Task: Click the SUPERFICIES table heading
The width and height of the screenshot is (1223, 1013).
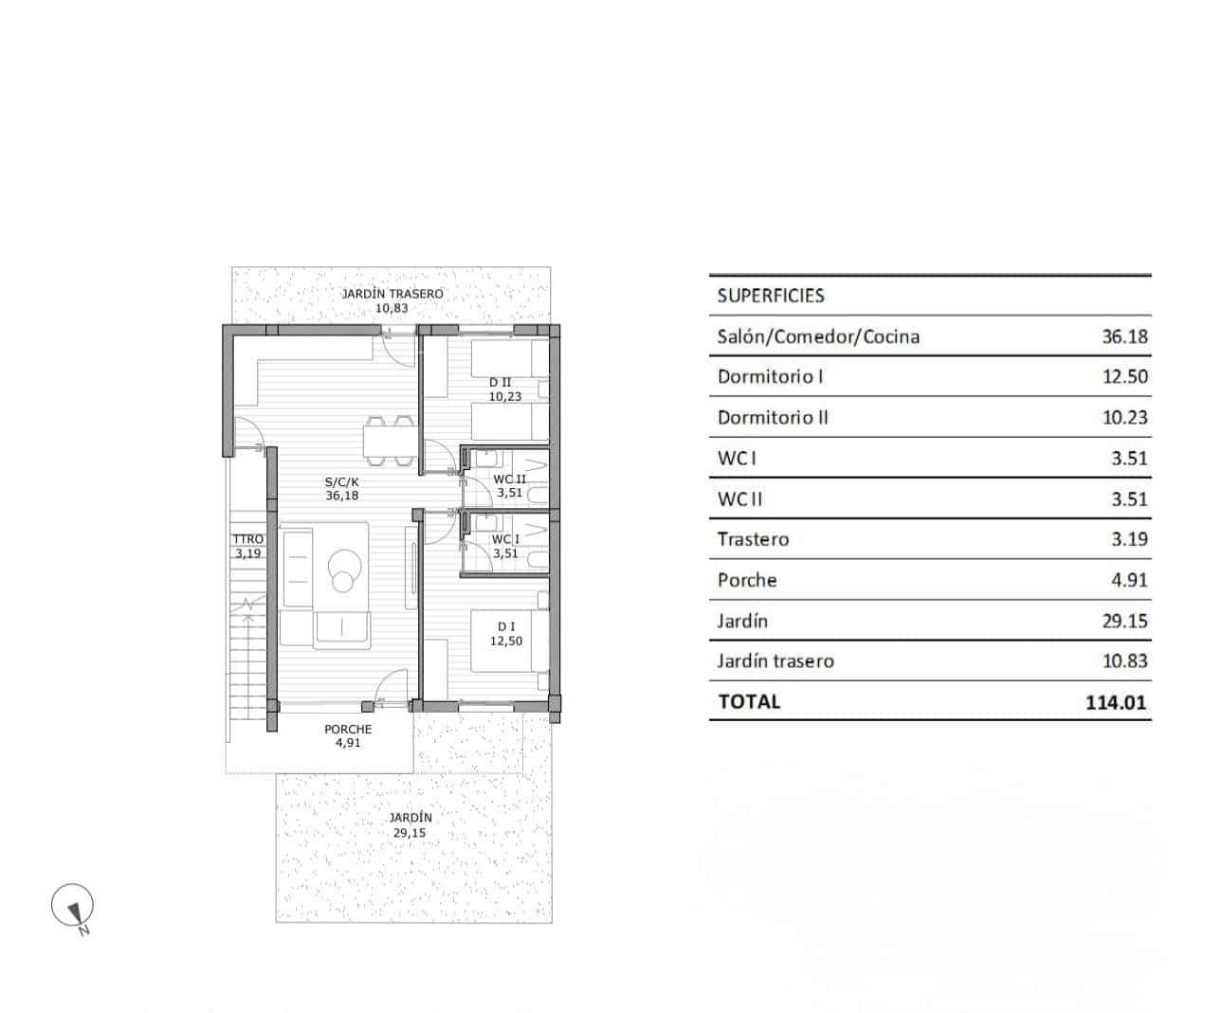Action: point(771,296)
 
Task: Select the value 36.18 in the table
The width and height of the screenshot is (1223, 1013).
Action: point(1124,336)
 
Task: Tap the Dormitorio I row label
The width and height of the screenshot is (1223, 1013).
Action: point(770,377)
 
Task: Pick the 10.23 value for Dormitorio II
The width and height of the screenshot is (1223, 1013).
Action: point(1124,418)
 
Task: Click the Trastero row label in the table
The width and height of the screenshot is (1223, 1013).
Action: point(753,540)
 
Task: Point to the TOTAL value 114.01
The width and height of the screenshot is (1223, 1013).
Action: point(1118,702)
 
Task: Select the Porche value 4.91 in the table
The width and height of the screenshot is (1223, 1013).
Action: point(1129,581)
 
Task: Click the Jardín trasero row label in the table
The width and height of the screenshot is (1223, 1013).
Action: point(776,661)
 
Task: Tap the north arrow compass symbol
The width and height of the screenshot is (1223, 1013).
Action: point(73,906)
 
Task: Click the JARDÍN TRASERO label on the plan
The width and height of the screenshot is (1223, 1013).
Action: point(392,295)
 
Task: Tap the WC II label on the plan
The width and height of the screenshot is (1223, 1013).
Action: point(509,480)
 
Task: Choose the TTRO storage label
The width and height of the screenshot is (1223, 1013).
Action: point(247,540)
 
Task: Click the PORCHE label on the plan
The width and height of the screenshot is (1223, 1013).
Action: point(348,730)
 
